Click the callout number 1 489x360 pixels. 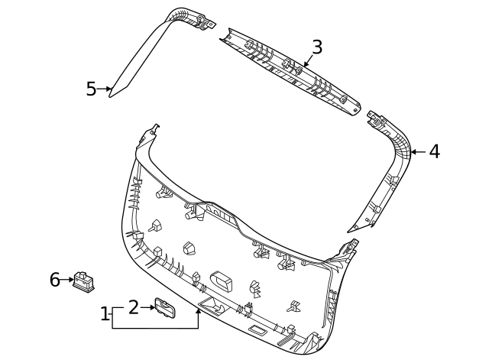(x=105, y=313)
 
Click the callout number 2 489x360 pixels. (x=133, y=307)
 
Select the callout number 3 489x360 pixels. (x=317, y=47)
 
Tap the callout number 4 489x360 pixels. (x=434, y=151)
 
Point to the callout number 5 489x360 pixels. (x=91, y=89)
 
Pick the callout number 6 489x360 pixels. (x=55, y=280)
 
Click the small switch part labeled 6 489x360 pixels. (x=83, y=281)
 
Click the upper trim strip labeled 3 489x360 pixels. (x=290, y=69)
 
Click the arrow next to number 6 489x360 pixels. (x=68, y=280)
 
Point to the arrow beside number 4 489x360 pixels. (x=416, y=152)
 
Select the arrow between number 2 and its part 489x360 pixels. (x=148, y=307)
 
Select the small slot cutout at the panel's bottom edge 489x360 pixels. (x=257, y=330)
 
